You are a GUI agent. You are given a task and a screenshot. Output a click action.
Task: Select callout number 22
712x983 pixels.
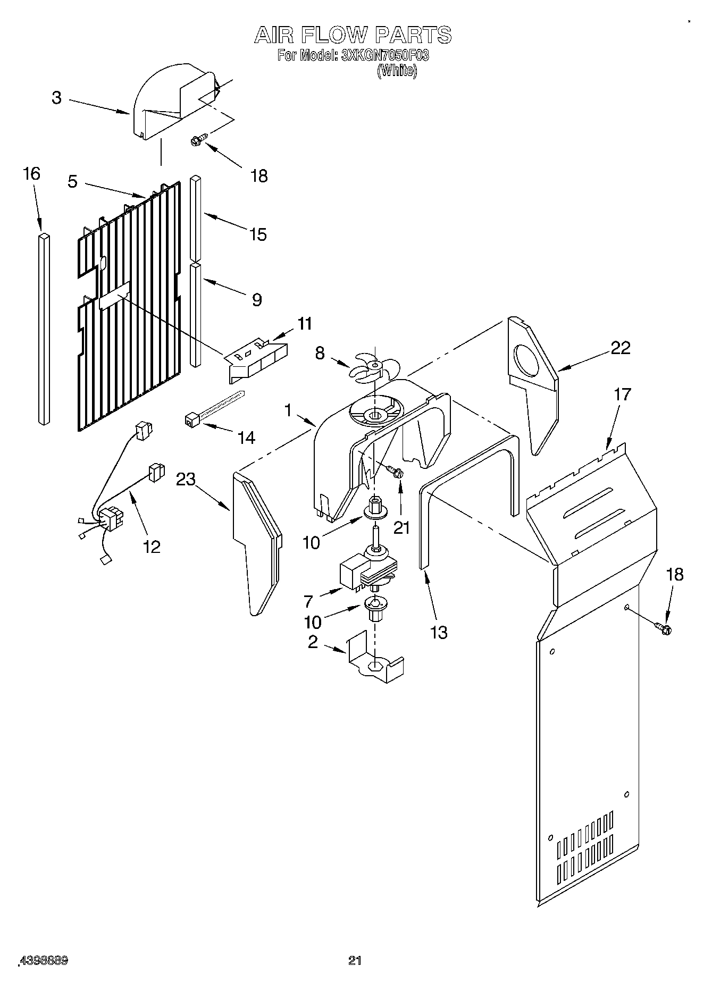pyautogui.click(x=620, y=348)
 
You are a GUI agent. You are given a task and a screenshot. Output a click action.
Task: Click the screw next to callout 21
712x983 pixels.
pyautogui.click(x=395, y=471)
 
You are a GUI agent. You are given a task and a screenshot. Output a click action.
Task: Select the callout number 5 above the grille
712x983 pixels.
pyautogui.click(x=73, y=181)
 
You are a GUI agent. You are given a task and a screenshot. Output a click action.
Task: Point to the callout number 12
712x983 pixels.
pyautogui.click(x=152, y=547)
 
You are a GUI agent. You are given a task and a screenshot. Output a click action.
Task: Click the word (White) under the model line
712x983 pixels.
pyautogui.click(x=397, y=71)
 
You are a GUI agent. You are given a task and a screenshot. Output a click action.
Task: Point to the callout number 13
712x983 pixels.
pyautogui.click(x=439, y=633)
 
